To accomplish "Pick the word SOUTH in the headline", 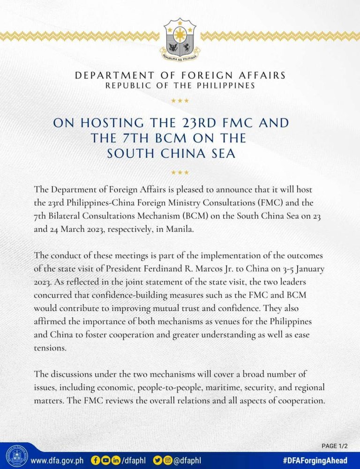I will tap(133, 154).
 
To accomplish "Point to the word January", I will tap(305, 270).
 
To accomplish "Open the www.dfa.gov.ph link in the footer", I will tap(57, 460).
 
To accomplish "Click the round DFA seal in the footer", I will tap(16, 456).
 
